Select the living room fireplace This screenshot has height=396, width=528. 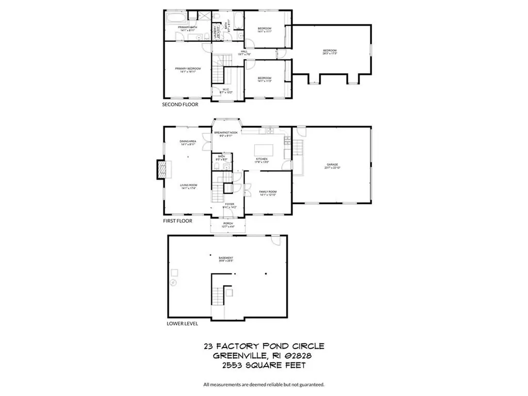161,169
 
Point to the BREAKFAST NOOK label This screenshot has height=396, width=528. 225,133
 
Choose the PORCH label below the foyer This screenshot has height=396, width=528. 228,223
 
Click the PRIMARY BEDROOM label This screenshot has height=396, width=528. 187,69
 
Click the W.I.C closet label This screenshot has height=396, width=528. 225,89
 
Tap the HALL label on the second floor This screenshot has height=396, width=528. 244,51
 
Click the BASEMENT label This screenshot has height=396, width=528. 226,258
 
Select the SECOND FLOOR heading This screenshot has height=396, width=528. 180,104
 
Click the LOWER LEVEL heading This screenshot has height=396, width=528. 182,324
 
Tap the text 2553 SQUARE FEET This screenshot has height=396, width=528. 263,365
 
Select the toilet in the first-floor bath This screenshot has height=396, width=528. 218,167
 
